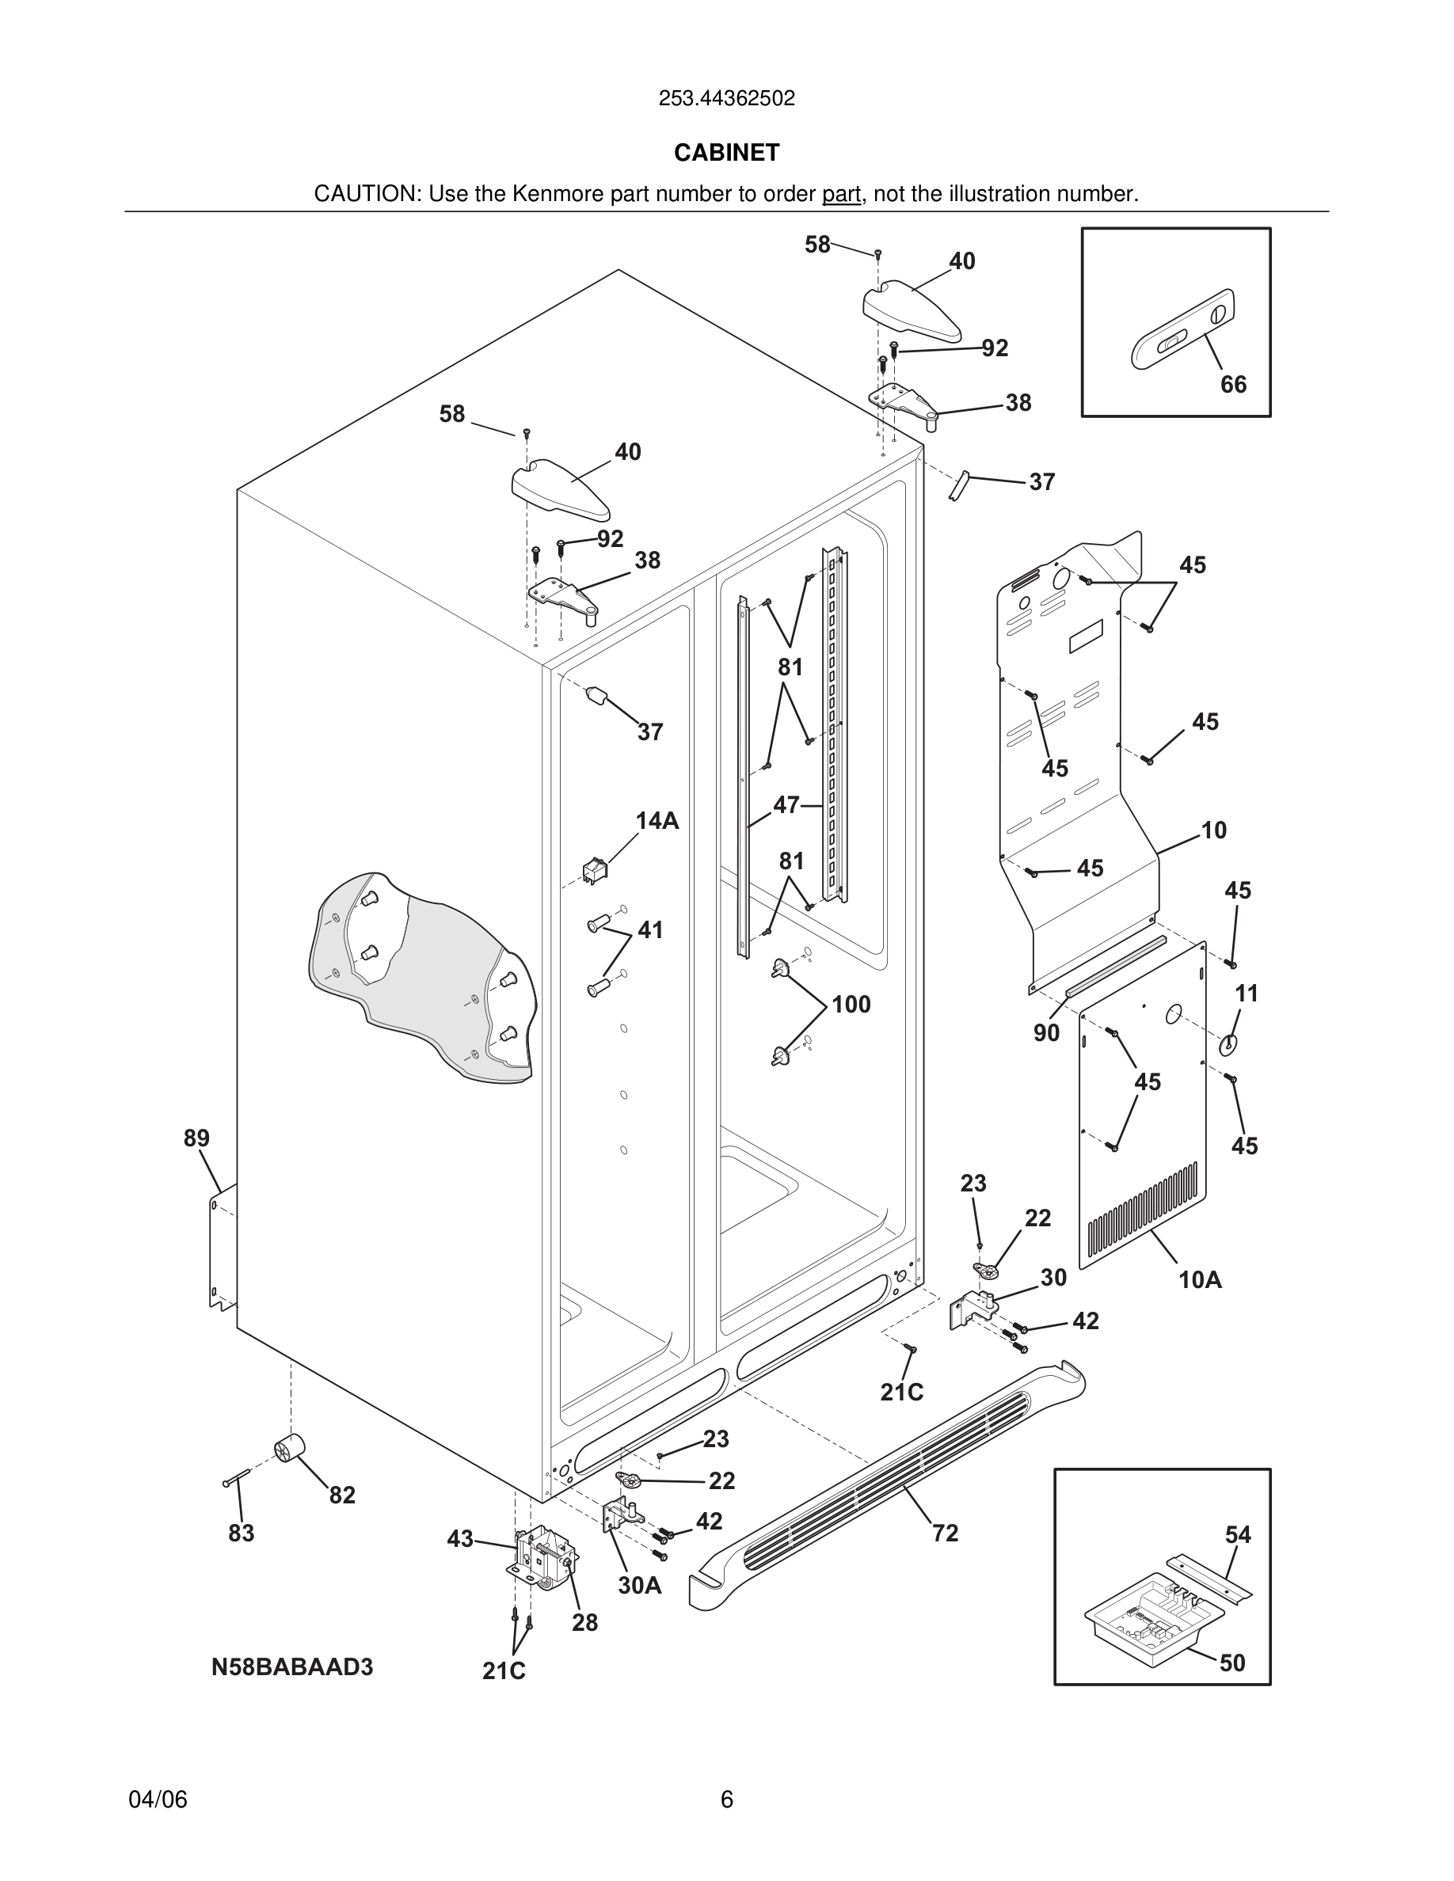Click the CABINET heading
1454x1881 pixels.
(726, 153)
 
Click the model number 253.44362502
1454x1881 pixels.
(726, 99)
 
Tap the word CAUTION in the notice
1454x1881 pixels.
(365, 195)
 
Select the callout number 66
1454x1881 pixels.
(1232, 384)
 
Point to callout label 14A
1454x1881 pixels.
(657, 821)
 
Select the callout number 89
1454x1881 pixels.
(196, 1138)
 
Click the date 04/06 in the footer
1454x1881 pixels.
(158, 1800)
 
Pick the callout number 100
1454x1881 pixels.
(851, 1005)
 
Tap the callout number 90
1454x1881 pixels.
(1045, 1033)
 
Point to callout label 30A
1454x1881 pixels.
(639, 1585)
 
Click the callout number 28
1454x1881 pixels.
(585, 1623)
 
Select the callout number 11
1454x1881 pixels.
(1247, 993)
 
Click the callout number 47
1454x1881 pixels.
(786, 804)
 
